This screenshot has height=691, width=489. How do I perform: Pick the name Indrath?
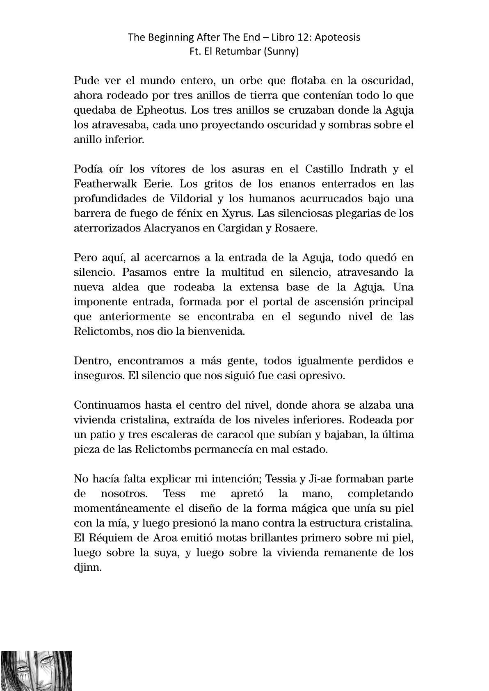[x=367, y=169]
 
